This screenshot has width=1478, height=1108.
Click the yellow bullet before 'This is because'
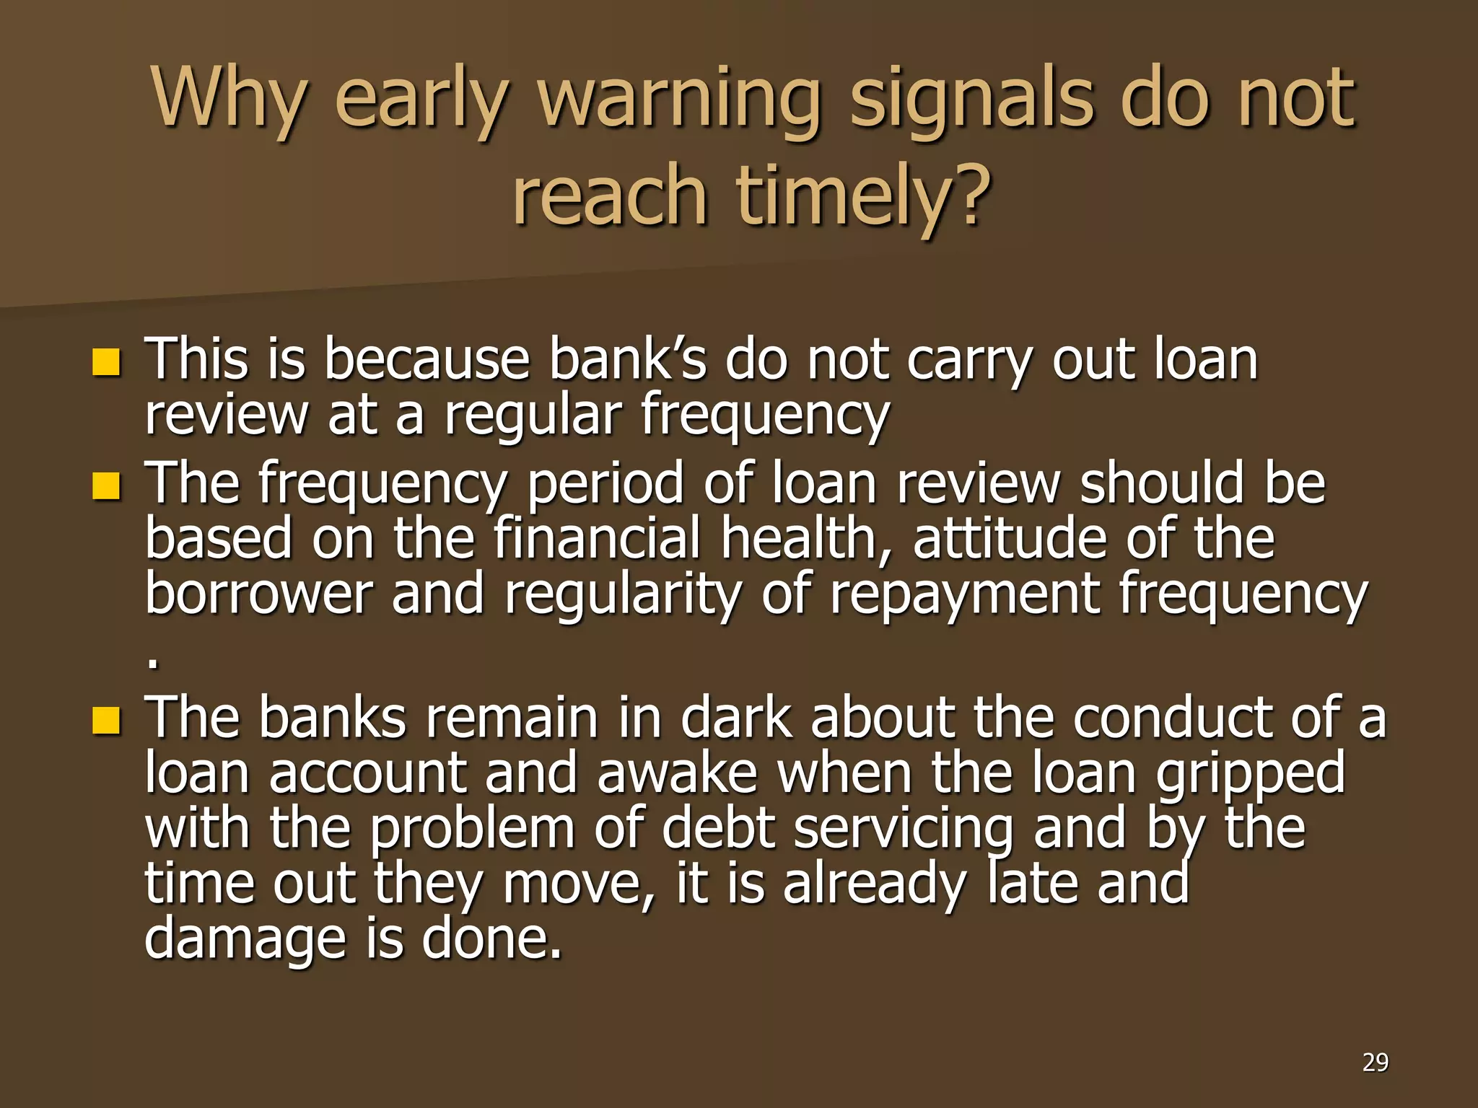tap(105, 362)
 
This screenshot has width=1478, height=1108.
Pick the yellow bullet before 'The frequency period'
tap(105, 486)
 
